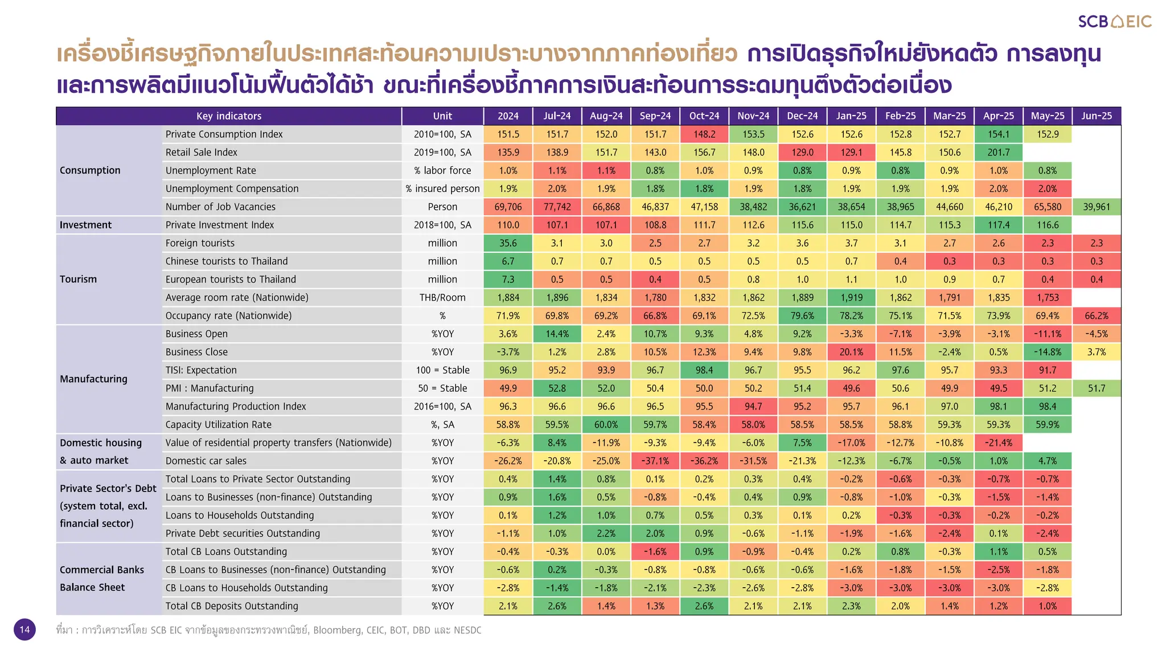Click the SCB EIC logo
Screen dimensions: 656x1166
pos(1114,22)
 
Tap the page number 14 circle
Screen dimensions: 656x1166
pos(24,629)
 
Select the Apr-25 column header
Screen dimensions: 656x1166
pos(998,116)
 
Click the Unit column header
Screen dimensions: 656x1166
pos(442,116)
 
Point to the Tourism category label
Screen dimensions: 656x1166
pos(79,279)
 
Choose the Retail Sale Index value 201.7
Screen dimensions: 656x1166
pos(998,152)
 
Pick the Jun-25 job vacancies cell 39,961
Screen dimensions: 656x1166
pos(1096,207)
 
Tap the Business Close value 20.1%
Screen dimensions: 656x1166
pos(851,352)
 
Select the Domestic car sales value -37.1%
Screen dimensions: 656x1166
pos(655,461)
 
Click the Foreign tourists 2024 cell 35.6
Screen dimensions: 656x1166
pos(508,243)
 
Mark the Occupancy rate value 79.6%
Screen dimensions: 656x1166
pos(802,315)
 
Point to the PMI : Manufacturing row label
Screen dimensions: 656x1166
pos(210,388)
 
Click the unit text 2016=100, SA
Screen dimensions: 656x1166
pos(442,407)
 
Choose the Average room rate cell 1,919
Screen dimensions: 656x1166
pos(851,297)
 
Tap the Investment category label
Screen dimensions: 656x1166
pos(85,225)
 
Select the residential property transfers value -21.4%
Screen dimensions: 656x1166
pos(998,442)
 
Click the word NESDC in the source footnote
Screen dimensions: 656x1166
pos(467,630)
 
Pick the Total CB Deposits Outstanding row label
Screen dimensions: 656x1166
pos(232,606)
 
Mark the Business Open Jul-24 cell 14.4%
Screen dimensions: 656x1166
pos(557,334)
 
